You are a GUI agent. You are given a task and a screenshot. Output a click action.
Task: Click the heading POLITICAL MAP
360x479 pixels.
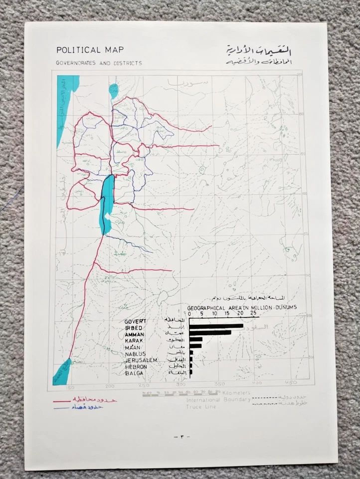(x=90, y=50)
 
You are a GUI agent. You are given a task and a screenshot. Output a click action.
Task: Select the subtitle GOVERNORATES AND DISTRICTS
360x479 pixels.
(x=99, y=63)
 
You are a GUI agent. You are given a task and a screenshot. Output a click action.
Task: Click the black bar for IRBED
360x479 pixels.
(x=216, y=326)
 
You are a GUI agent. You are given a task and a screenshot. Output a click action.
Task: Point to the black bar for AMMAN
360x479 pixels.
(x=210, y=332)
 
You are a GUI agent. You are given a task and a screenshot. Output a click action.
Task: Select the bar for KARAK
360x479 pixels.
(x=196, y=339)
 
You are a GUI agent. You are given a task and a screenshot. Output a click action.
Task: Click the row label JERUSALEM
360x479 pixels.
(x=142, y=360)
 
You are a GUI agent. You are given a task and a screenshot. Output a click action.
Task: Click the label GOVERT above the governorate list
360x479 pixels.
(x=136, y=320)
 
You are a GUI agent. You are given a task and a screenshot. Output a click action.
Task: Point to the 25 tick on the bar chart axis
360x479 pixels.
(x=253, y=313)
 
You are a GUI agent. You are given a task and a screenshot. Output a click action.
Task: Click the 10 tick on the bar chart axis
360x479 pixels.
(x=215, y=313)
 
